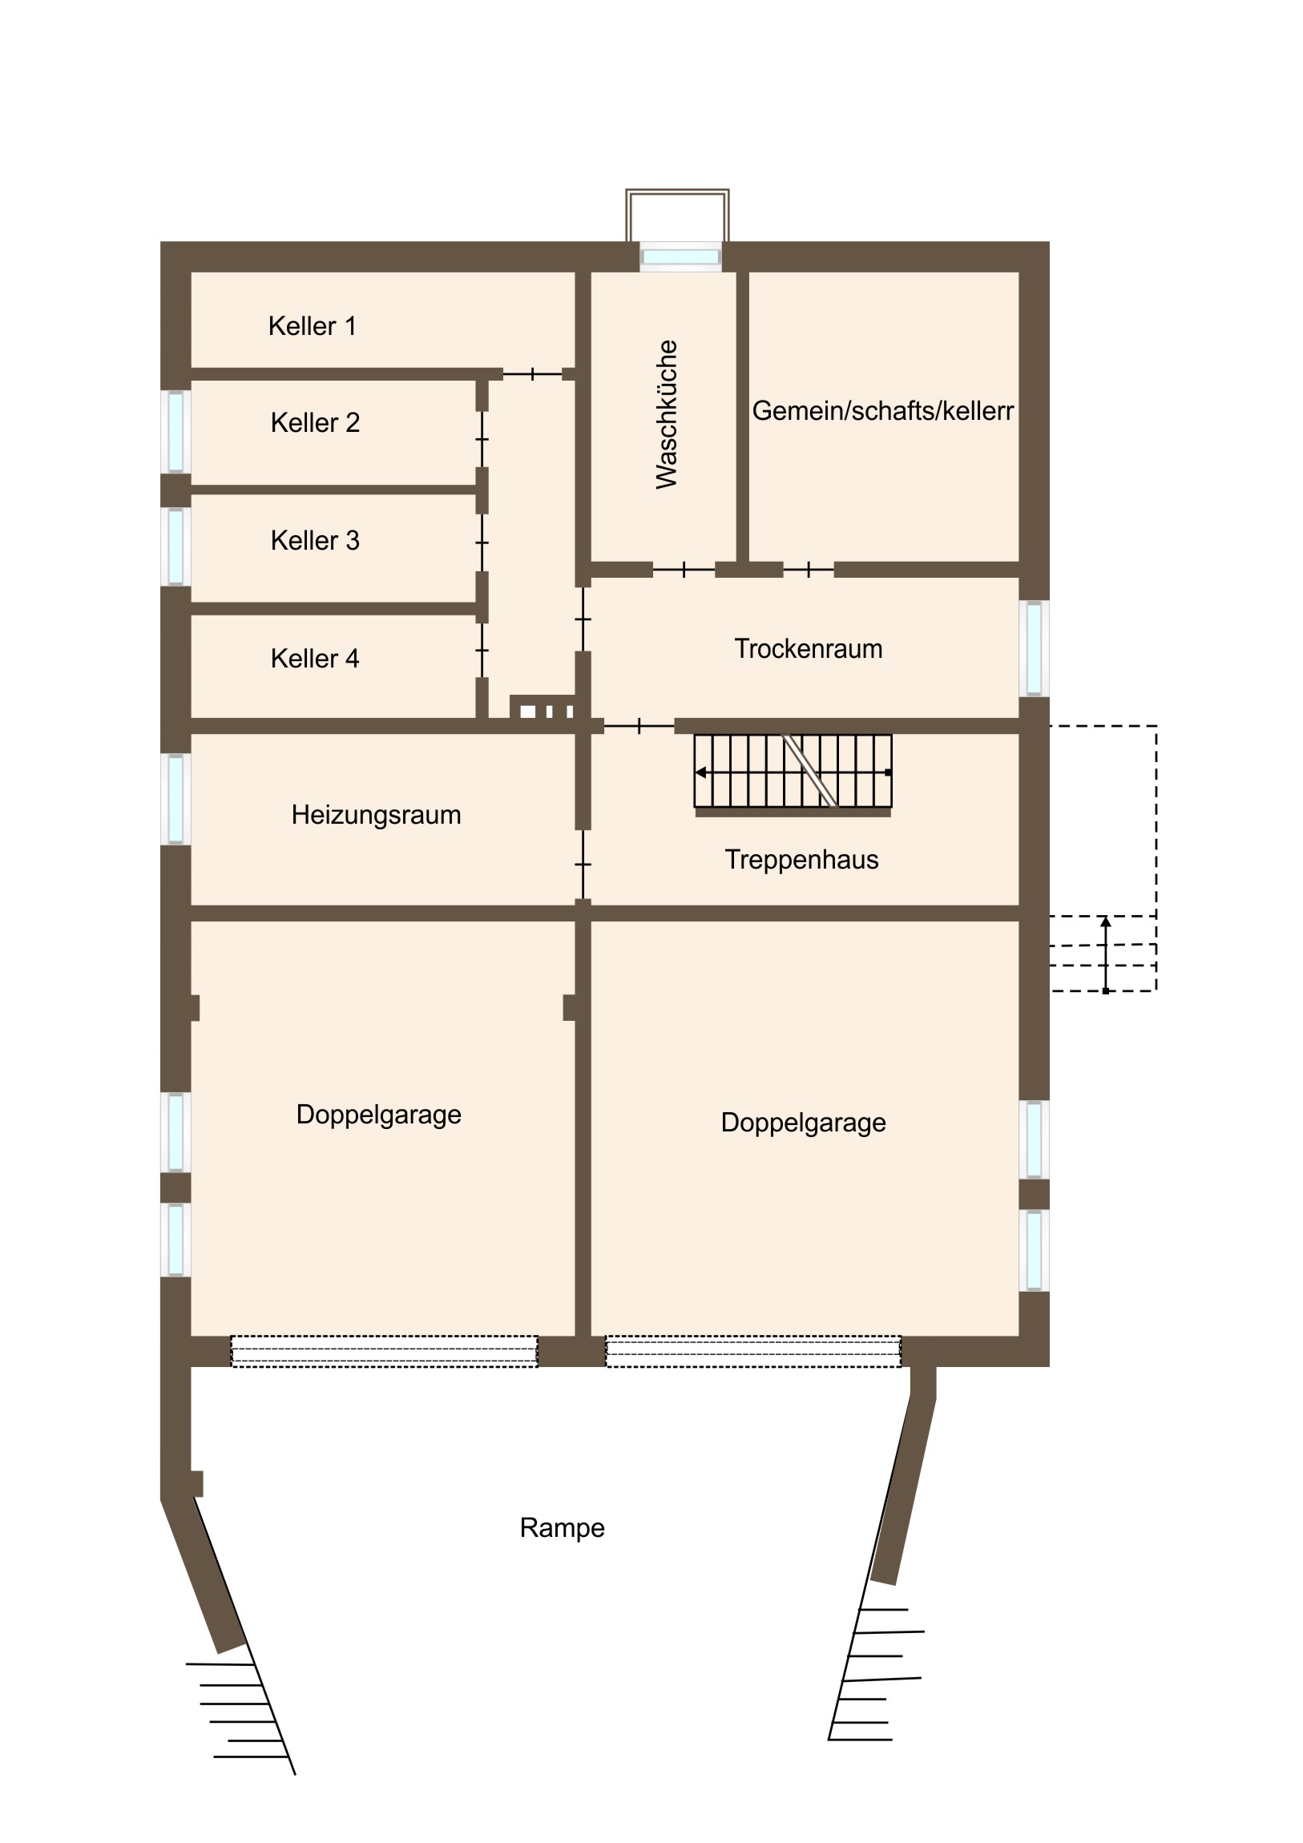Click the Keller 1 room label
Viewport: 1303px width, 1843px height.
312,326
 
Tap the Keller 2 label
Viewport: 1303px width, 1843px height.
315,422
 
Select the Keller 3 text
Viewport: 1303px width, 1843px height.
315,540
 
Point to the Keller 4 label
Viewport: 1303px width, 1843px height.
315,658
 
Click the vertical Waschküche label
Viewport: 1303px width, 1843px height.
668,414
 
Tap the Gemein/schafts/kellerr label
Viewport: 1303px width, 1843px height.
883,410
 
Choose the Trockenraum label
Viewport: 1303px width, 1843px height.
809,648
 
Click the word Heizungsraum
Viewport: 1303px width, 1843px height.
376,815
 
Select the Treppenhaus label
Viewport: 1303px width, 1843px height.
801,860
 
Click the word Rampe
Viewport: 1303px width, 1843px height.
562,1527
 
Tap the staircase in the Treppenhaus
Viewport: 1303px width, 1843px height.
793,772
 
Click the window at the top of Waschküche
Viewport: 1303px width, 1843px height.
681,257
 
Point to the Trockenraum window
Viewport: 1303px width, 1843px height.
1034,648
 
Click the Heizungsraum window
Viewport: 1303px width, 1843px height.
175,800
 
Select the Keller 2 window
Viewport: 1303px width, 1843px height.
175,432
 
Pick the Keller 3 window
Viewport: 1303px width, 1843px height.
175,546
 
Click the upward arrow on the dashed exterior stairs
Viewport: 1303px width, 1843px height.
1106,955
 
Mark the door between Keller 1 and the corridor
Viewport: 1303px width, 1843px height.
532,374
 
